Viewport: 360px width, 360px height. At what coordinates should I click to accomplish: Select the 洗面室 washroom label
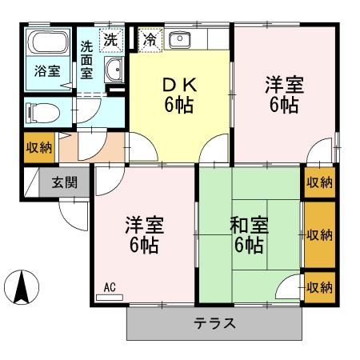click(87, 58)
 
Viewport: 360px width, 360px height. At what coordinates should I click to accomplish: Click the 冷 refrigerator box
click(149, 38)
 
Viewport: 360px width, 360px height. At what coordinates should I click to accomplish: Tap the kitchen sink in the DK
click(181, 38)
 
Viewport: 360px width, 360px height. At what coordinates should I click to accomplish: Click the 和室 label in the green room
click(248, 224)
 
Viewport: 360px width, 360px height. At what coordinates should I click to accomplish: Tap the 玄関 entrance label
click(65, 182)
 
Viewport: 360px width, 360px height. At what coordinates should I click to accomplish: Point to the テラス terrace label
click(214, 323)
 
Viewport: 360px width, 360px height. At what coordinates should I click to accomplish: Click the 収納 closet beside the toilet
click(38, 148)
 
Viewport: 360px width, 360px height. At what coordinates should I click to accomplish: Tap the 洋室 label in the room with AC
click(141, 224)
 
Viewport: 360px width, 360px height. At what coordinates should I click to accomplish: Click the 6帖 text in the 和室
click(248, 245)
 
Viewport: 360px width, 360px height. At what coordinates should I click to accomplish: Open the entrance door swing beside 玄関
click(74, 212)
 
